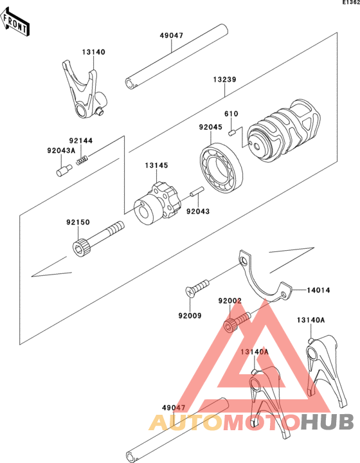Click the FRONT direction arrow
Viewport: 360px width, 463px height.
tap(15, 23)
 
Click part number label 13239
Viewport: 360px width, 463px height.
tap(225, 80)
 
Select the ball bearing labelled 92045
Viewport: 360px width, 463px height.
tap(222, 168)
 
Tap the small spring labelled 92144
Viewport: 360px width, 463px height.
tap(82, 159)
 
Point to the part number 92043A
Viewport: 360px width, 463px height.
tap(61, 150)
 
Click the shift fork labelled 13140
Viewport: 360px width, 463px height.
tap(85, 90)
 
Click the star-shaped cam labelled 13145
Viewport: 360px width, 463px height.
tap(157, 204)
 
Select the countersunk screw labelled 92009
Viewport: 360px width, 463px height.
tap(198, 288)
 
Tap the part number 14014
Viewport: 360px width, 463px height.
tap(318, 290)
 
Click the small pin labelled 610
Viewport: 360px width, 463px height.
tap(231, 132)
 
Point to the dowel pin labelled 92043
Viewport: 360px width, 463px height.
tap(197, 191)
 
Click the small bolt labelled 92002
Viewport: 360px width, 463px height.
tap(237, 323)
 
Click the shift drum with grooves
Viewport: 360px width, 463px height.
tap(284, 130)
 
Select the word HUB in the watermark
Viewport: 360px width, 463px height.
tap(328, 422)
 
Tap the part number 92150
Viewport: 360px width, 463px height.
tap(78, 222)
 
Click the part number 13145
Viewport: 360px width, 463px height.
tap(156, 165)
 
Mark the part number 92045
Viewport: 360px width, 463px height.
tap(210, 127)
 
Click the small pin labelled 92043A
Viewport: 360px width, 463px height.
tap(64, 170)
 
